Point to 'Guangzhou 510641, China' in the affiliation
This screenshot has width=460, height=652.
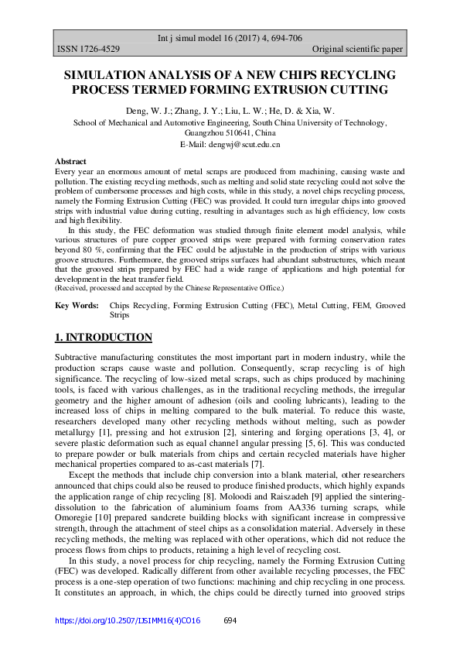(x=230, y=133)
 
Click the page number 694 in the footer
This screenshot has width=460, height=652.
(x=229, y=620)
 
